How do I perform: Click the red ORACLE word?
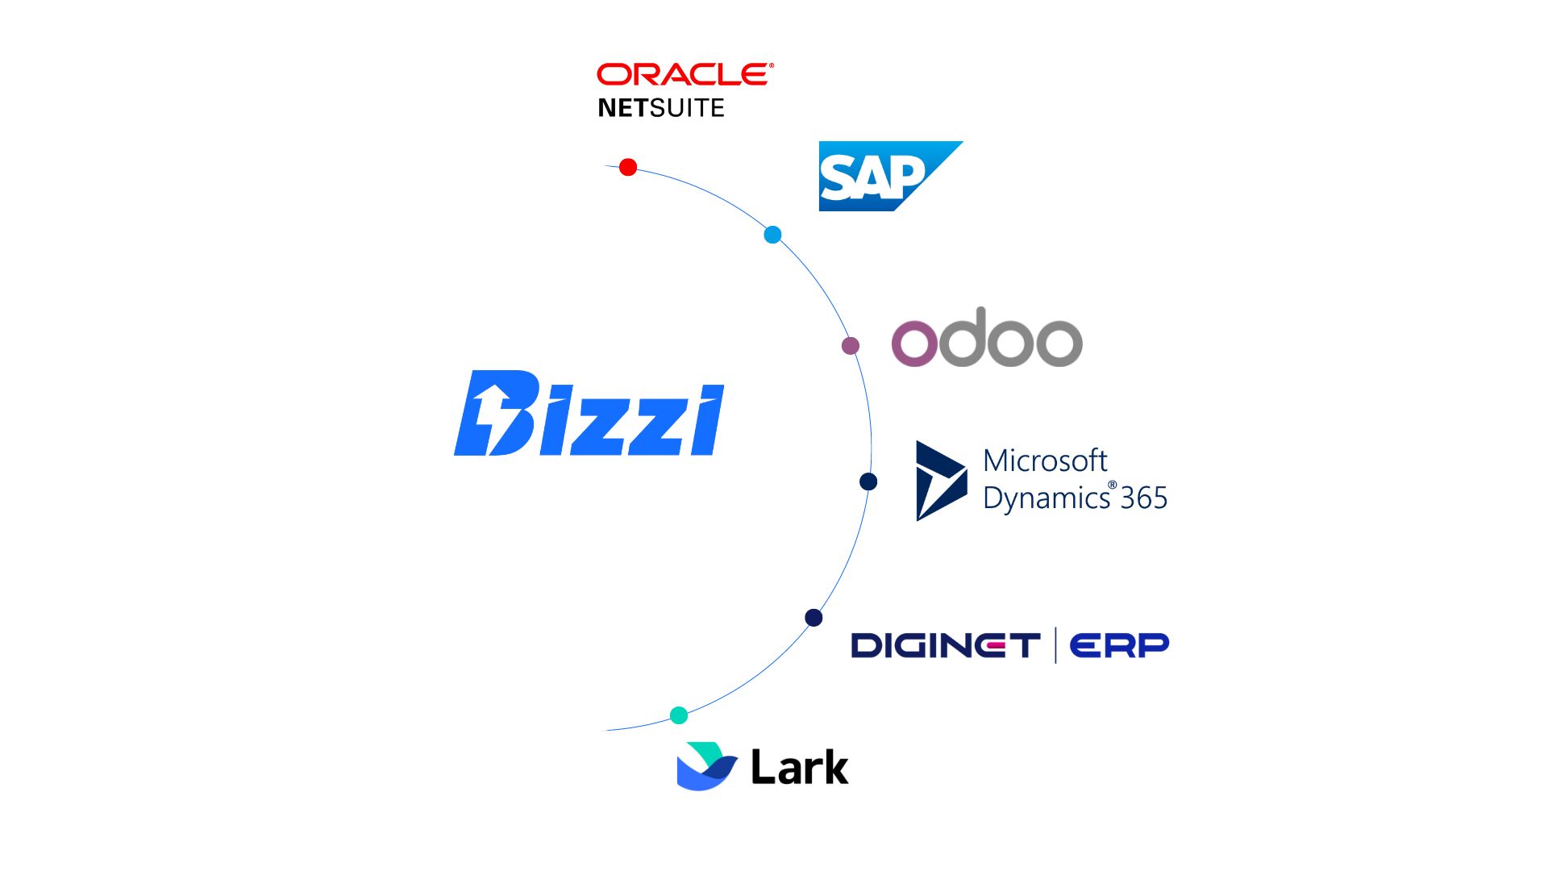(x=683, y=74)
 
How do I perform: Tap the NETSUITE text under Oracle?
(x=661, y=108)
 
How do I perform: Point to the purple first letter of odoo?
(x=915, y=343)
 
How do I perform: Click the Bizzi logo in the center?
(x=589, y=415)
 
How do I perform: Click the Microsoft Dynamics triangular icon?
(x=939, y=481)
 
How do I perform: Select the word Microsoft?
(x=1045, y=461)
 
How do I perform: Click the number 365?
(x=1144, y=498)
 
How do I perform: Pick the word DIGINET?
(x=946, y=645)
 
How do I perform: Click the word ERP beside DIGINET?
(x=1119, y=645)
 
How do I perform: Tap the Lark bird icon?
(x=705, y=766)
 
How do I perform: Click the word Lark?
(x=799, y=767)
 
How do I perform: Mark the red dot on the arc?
(x=628, y=167)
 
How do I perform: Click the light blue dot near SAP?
(x=772, y=235)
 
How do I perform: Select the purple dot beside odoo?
(x=851, y=346)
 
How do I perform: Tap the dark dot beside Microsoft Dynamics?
(x=868, y=481)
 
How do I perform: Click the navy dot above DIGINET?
(x=814, y=618)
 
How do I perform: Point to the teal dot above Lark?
(x=679, y=715)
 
